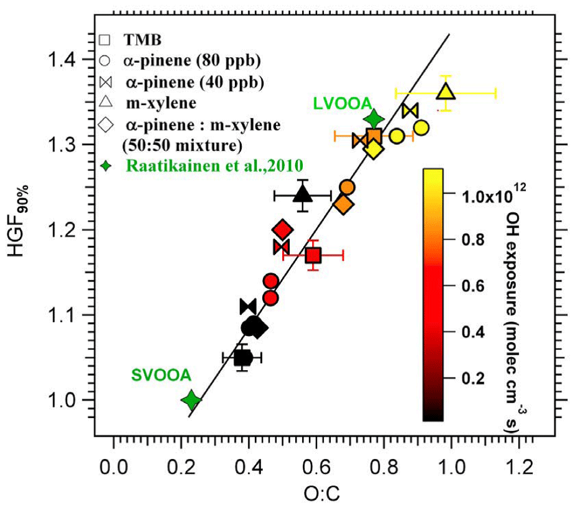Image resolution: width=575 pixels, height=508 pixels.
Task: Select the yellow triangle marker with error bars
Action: (446, 93)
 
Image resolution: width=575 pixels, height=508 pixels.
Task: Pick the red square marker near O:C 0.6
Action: (313, 255)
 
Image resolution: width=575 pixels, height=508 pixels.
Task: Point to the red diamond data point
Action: (282, 230)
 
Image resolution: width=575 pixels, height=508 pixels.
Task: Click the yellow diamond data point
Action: (373, 149)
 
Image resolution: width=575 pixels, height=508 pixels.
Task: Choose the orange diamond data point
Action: (343, 204)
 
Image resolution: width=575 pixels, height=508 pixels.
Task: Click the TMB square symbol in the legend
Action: (105, 40)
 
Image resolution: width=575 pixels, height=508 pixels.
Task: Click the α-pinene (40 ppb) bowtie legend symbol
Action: (105, 83)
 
